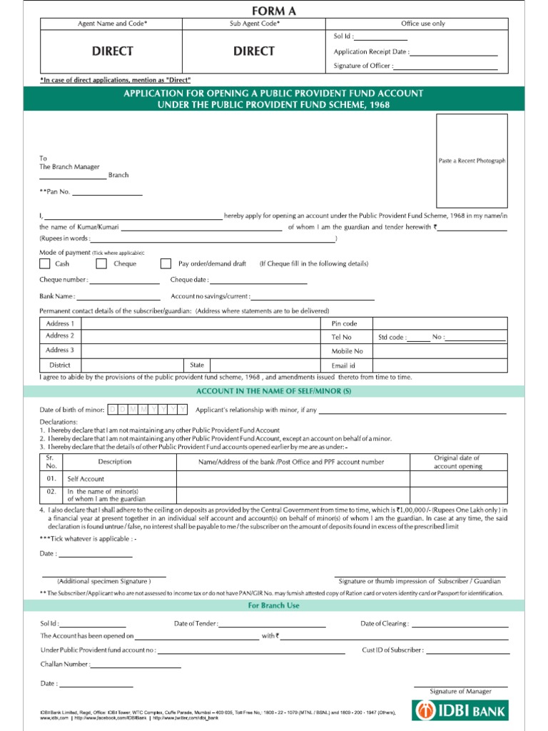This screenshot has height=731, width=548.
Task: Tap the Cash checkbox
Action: (44, 263)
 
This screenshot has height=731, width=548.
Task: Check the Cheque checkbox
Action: (101, 263)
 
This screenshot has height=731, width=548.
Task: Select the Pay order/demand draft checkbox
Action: (166, 263)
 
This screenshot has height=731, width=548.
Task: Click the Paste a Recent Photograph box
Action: (472, 161)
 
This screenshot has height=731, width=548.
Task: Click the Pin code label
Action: (344, 323)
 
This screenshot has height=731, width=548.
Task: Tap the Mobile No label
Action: (347, 351)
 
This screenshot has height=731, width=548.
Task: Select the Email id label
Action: (343, 365)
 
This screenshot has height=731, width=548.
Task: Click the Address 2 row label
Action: (60, 336)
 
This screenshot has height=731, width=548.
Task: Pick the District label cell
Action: (60, 365)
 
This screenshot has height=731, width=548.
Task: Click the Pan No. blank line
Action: (107, 193)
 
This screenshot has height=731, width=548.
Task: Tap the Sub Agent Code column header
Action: (255, 24)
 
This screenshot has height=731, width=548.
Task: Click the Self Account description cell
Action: (86, 479)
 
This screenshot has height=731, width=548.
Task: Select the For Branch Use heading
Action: (274, 605)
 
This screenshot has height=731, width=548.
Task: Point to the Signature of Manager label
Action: (460, 691)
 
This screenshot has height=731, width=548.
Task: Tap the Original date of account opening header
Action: (457, 462)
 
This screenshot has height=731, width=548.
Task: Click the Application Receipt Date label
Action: (371, 51)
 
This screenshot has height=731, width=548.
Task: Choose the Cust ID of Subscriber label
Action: (392, 650)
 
